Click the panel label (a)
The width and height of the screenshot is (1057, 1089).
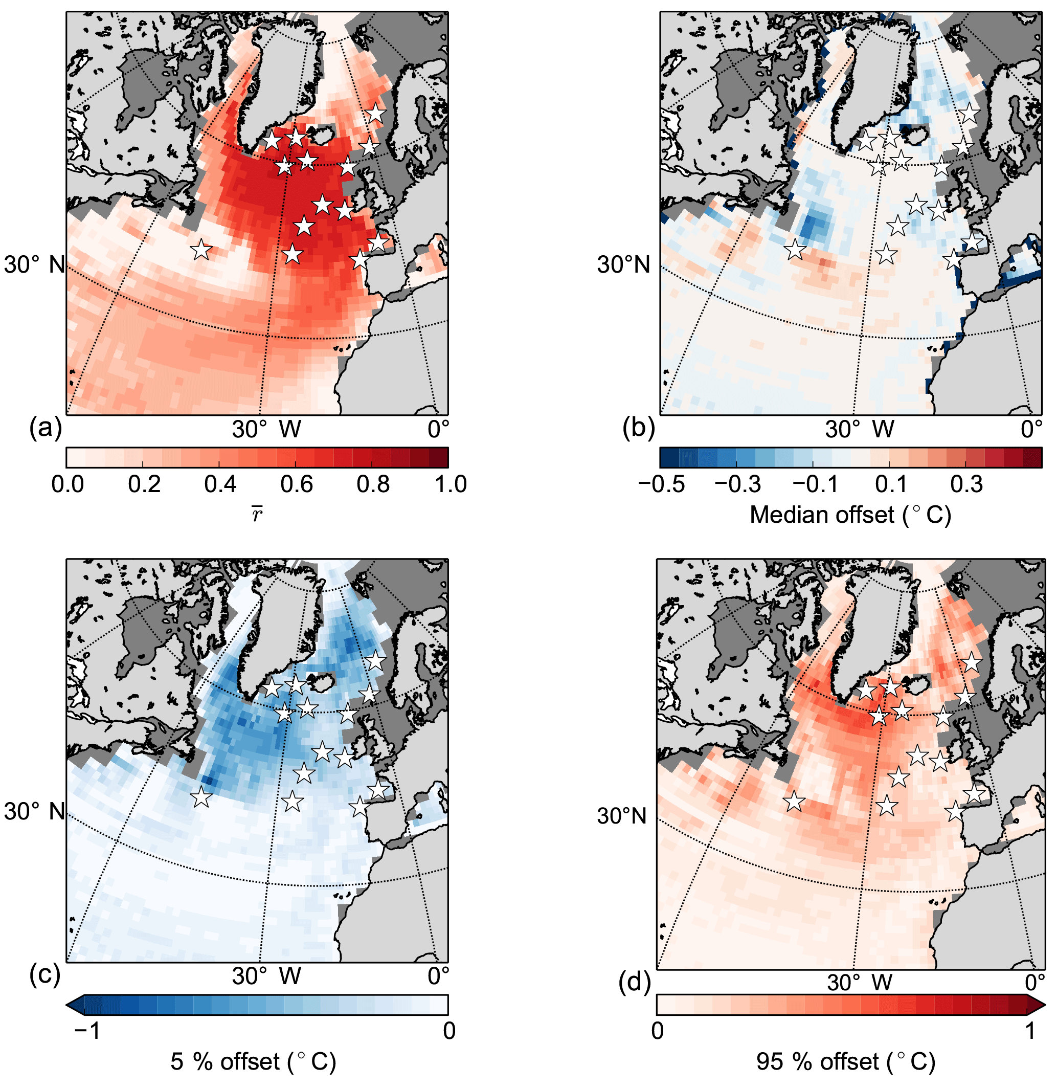click(x=45, y=428)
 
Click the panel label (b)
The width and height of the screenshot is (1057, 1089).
click(x=638, y=428)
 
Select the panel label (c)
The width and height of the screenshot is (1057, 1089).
click(x=45, y=975)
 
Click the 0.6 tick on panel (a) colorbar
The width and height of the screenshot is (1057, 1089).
click(x=297, y=484)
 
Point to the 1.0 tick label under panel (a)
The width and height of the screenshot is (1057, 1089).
click(x=450, y=484)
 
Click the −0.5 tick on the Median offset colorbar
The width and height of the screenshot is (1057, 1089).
click(x=661, y=484)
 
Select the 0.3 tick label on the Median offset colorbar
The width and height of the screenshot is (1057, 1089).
click(x=966, y=484)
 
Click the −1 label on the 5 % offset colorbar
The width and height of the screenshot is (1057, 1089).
click(x=87, y=1031)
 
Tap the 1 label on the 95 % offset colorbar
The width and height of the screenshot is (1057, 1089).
click(x=1030, y=1031)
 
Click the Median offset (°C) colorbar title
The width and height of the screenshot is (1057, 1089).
click(x=850, y=515)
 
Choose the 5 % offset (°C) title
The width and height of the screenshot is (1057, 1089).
click(x=253, y=1062)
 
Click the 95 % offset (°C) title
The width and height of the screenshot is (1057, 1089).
click(x=845, y=1062)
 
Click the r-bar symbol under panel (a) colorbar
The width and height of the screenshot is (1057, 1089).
click(x=257, y=515)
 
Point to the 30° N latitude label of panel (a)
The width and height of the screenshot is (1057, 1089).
click(x=34, y=264)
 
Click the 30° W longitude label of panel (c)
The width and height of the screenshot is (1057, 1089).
click(x=266, y=976)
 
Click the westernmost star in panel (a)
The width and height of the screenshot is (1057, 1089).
click(x=201, y=251)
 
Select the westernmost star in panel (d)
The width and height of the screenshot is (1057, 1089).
click(x=794, y=801)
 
